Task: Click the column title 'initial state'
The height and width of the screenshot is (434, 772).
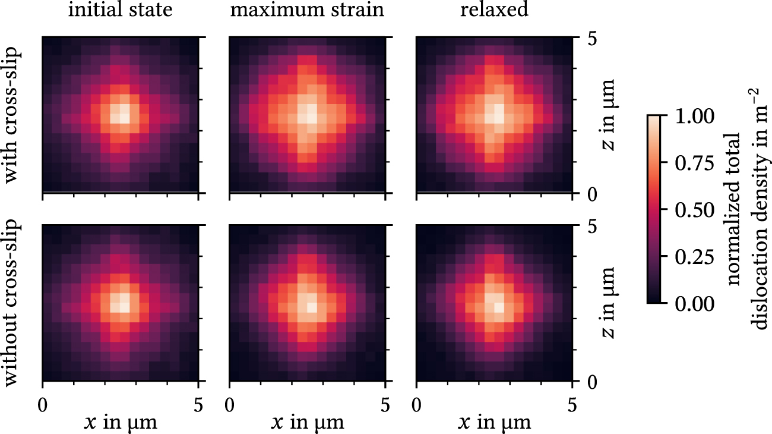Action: click(121, 11)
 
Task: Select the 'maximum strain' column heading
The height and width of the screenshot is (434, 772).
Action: click(307, 11)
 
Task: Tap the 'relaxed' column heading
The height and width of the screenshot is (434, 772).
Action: click(494, 11)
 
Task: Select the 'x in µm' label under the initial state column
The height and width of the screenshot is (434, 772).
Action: click(121, 423)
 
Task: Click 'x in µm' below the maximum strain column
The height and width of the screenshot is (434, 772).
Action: click(307, 423)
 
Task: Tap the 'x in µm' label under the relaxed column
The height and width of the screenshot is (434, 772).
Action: click(494, 423)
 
